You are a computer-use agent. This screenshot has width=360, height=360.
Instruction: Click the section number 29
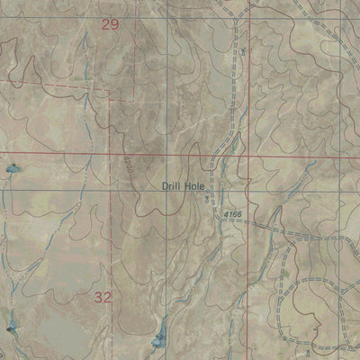[110, 25]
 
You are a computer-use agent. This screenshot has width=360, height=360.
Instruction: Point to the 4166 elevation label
[231, 212]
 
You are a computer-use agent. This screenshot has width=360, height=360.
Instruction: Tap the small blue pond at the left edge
[12, 168]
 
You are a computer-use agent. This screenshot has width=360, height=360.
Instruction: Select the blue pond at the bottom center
[158, 339]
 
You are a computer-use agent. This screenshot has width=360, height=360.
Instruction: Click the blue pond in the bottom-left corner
[11, 329]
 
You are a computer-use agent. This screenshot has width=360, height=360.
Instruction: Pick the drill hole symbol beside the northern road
[243, 52]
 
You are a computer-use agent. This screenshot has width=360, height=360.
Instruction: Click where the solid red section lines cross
[248, 154]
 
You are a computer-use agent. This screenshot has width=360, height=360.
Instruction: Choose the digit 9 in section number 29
[114, 25]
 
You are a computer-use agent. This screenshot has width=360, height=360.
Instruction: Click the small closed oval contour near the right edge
[339, 244]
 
